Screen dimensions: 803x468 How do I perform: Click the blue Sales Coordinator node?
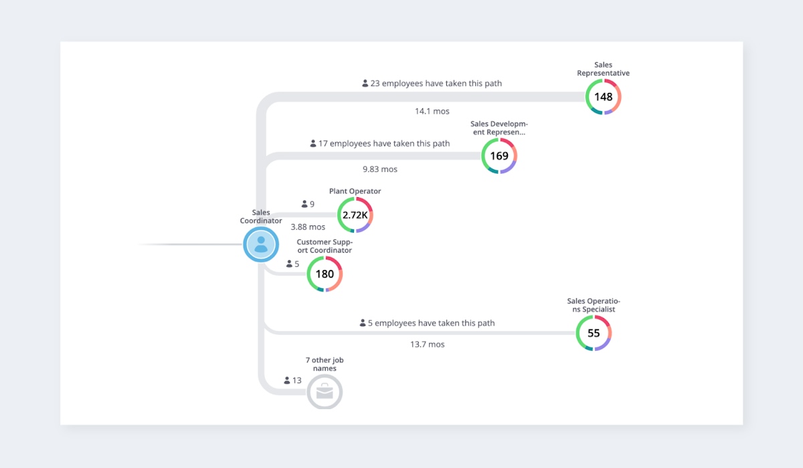tap(260, 244)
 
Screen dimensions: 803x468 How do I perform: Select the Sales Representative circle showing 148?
tap(603, 97)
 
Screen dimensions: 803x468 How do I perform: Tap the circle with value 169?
tap(499, 156)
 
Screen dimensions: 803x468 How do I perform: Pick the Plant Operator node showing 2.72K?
tap(355, 215)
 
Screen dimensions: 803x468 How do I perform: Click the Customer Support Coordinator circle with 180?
tap(325, 274)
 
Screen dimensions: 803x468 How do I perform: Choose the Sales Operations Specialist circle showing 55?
tap(594, 333)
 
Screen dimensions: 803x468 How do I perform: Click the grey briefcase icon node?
tap(325, 392)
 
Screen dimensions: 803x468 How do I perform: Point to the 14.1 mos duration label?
tap(432, 112)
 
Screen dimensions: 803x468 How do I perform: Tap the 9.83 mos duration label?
tap(380, 169)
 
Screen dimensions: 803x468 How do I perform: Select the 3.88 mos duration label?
tap(308, 227)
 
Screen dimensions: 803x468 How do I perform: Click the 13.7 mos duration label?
tap(428, 344)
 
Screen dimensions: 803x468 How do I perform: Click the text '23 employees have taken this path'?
tap(436, 84)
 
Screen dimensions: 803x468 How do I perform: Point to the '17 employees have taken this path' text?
tap(384, 144)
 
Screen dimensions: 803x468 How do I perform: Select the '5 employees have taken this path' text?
tap(431, 323)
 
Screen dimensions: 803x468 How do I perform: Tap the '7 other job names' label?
tap(325, 364)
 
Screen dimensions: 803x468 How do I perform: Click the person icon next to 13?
tap(287, 380)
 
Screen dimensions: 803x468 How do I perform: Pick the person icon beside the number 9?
tap(304, 204)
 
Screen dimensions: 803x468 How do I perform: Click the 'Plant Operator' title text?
tap(355, 191)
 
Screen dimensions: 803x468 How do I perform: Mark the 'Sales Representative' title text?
tap(603, 69)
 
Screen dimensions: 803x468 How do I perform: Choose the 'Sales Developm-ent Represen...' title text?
tap(499, 128)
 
